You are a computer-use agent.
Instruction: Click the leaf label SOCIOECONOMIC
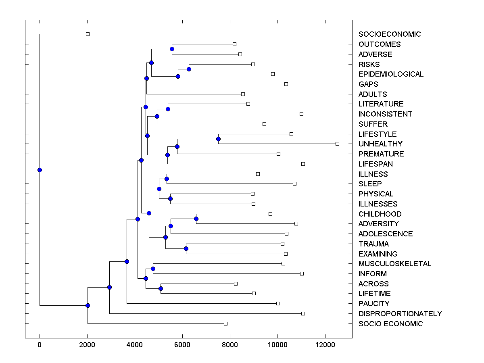pos(389,34)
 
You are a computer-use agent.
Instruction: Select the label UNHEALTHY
pos(380,144)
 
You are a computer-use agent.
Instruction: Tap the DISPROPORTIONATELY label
pos(400,314)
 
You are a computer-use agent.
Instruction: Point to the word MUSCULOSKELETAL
pos(395,264)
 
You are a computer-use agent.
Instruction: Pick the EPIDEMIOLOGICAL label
pos(391,74)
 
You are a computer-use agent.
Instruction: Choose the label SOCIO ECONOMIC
pos(390,324)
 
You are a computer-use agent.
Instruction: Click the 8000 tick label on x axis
pos(230,345)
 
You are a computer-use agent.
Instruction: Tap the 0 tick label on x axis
pos(40,345)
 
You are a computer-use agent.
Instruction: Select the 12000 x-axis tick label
pos(325,345)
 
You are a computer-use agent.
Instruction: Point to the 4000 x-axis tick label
pos(135,345)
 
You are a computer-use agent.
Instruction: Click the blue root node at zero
pos(40,170)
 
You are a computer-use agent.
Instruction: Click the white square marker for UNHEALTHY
pos(338,144)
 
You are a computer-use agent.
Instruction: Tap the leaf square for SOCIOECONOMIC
pos(88,34)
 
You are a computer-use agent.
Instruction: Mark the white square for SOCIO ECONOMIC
pos(225,323)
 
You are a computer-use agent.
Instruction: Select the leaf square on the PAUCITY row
pos(278,303)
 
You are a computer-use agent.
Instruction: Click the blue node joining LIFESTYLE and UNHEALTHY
pos(218,139)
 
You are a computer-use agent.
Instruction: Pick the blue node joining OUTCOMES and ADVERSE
pos(172,49)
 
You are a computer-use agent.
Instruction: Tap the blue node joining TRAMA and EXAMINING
pos(186,248)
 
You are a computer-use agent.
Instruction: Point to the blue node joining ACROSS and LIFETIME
pos(161,288)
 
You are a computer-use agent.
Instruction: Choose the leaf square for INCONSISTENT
pos(301,114)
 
